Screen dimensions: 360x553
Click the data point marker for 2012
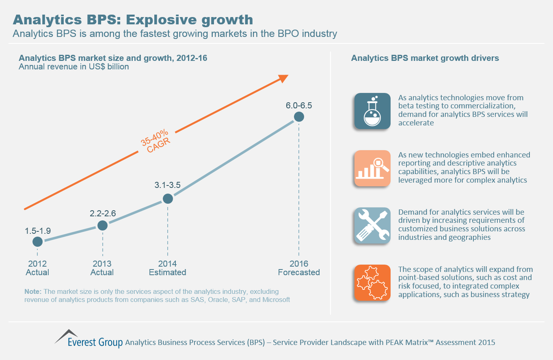(37, 242)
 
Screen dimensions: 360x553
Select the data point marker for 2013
(103, 225)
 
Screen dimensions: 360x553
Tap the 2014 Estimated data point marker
(168, 199)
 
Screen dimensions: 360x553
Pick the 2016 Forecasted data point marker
(299, 117)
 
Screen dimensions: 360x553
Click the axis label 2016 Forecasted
(299, 268)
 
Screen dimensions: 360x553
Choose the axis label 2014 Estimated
(167, 268)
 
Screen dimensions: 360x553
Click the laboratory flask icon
(372, 111)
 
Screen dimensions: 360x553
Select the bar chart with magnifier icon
(372, 168)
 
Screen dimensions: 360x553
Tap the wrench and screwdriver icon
(372, 226)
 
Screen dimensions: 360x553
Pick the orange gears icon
(372, 283)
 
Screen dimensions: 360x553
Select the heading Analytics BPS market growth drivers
(425, 58)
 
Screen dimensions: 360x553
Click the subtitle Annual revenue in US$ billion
(74, 67)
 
